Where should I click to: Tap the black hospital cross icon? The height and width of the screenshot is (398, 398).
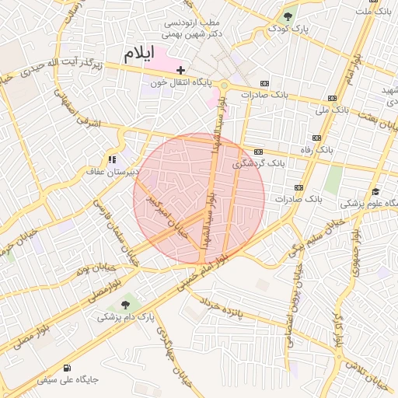point(180,70)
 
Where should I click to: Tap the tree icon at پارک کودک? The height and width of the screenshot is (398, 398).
point(288,16)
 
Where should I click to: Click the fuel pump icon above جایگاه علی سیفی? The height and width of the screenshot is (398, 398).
point(68,368)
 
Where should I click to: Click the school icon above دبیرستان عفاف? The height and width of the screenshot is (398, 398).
point(113,159)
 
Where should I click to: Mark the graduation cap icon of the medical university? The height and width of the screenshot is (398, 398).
point(375,191)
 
